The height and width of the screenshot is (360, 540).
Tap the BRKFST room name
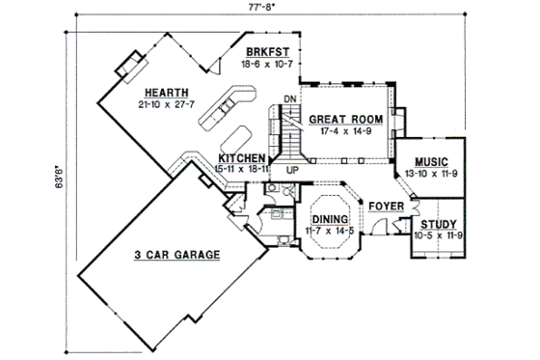click(262, 52)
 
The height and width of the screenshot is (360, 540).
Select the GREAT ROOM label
click(345, 119)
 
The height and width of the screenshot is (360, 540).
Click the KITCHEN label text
click(242, 157)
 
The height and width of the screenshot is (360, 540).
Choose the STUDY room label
click(439, 223)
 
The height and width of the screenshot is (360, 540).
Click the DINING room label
click(324, 219)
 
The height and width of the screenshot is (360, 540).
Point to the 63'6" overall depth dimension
click(59, 180)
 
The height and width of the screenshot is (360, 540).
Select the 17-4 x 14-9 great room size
click(345, 131)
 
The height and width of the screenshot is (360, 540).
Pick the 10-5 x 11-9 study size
click(439, 235)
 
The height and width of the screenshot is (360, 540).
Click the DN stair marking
click(289, 99)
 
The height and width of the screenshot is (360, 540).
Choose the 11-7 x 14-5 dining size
click(324, 232)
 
